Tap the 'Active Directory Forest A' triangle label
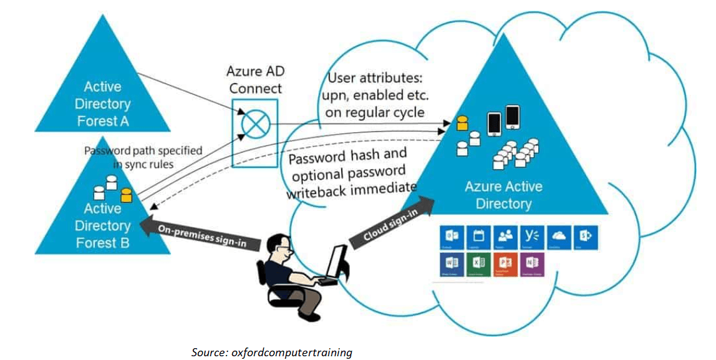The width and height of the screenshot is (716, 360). pos(103,104)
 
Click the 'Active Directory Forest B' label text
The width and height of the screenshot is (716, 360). pos(103,225)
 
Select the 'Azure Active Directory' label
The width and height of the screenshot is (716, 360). pos(503,195)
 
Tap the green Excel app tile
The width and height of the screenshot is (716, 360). pos(478,265)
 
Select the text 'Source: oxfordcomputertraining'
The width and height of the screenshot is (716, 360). pos(271,353)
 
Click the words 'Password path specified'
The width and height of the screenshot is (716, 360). pos(143,151)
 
